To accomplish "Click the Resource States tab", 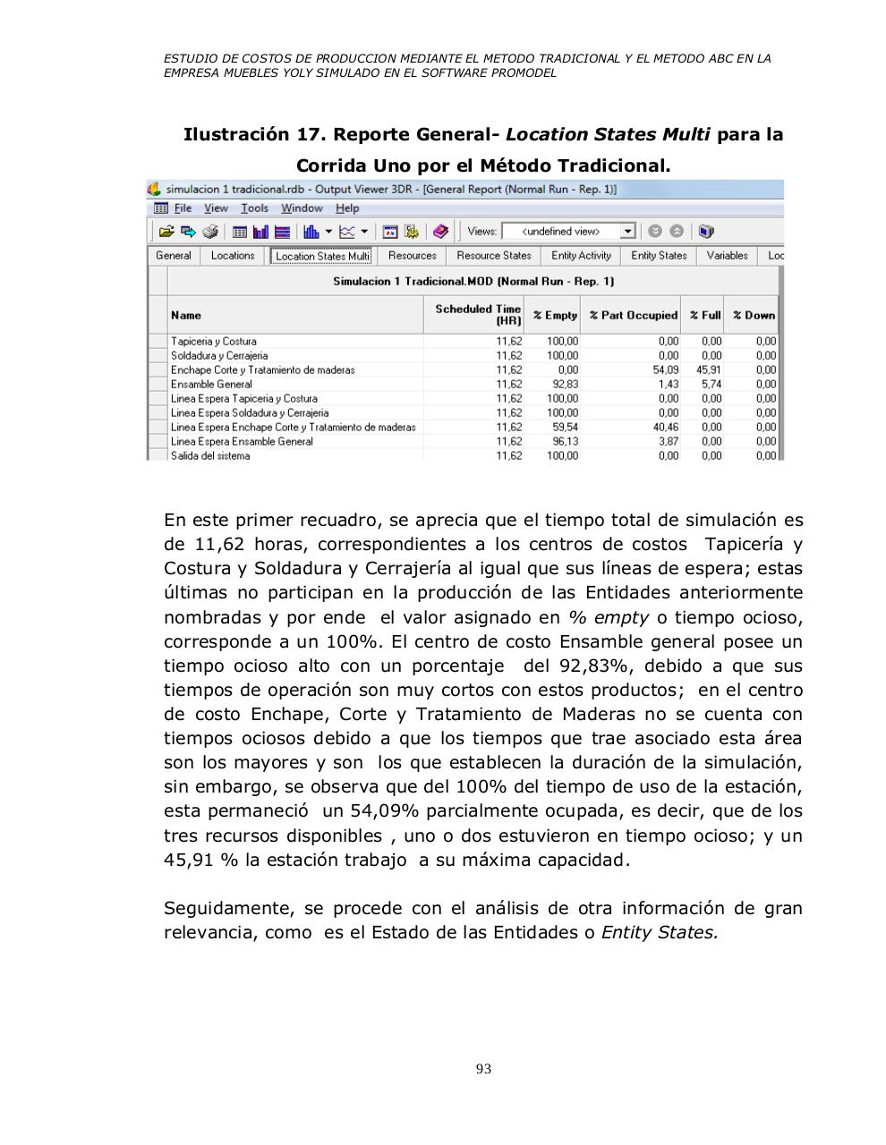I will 493,256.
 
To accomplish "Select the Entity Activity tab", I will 581,256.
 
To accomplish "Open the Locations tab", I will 233,256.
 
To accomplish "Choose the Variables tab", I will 727,256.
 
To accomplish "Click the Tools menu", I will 254,208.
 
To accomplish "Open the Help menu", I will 347,208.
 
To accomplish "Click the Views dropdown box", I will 567,232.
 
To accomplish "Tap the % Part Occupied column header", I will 633,316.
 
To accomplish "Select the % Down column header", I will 754,316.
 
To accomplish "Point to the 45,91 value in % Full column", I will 709,370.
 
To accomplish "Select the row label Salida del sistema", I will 210,456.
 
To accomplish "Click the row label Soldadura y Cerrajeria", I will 219,356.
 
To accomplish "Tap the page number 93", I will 483,1069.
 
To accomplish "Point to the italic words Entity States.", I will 660,933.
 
